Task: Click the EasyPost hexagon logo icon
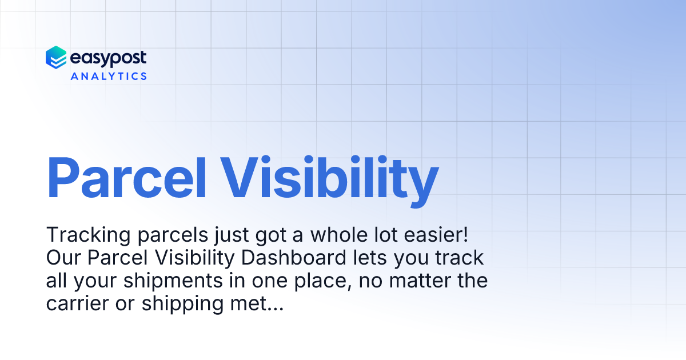(x=56, y=58)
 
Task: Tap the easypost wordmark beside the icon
(x=108, y=58)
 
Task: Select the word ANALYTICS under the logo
(x=109, y=75)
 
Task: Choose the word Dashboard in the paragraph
(x=293, y=258)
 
